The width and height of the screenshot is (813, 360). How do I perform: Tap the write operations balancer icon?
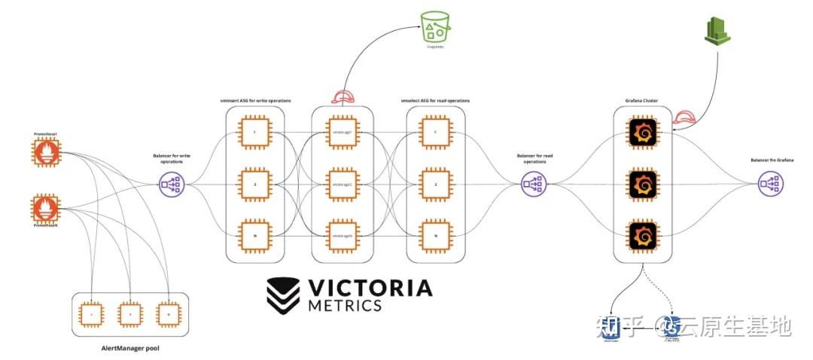coord(170,182)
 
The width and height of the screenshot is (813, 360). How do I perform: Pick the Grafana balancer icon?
coord(769,182)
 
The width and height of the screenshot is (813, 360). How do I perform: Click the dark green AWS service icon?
coord(715,31)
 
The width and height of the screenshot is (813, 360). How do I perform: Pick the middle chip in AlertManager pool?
coord(130,313)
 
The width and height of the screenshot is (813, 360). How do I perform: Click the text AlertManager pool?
coord(130,348)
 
